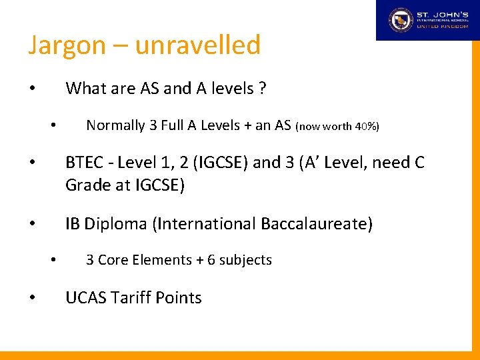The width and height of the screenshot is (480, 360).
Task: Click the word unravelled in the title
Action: click(197, 45)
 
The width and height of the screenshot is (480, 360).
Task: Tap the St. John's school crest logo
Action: click(401, 19)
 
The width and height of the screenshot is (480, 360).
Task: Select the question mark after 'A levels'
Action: click(263, 88)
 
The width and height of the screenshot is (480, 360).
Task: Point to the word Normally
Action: click(115, 125)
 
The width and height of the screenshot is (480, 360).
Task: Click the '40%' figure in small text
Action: click(365, 126)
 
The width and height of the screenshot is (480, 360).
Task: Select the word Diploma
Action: click(116, 224)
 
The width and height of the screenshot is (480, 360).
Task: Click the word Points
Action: click(178, 298)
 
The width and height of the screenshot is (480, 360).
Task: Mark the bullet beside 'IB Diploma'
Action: click(31, 225)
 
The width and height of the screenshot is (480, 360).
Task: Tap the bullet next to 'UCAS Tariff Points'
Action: click(31, 298)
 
